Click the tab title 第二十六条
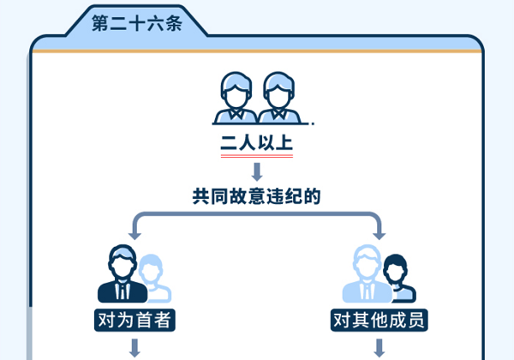click(x=137, y=23)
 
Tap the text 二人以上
click(x=257, y=143)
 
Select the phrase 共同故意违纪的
click(x=256, y=196)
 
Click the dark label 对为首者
click(x=134, y=320)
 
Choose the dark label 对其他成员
click(x=380, y=320)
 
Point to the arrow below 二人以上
click(x=257, y=171)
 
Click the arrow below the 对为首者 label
click(x=134, y=348)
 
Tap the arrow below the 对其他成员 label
click(x=380, y=348)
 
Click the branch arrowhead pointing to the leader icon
click(x=134, y=236)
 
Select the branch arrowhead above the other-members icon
click(x=380, y=236)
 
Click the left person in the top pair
click(x=236, y=98)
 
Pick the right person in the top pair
click(x=278, y=98)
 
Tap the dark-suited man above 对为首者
click(x=123, y=274)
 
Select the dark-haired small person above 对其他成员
click(x=398, y=279)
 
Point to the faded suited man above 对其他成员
click(x=368, y=274)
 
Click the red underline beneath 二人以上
click(x=257, y=156)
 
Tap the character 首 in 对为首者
click(x=144, y=320)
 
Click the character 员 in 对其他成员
click(x=416, y=320)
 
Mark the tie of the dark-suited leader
click(x=123, y=291)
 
